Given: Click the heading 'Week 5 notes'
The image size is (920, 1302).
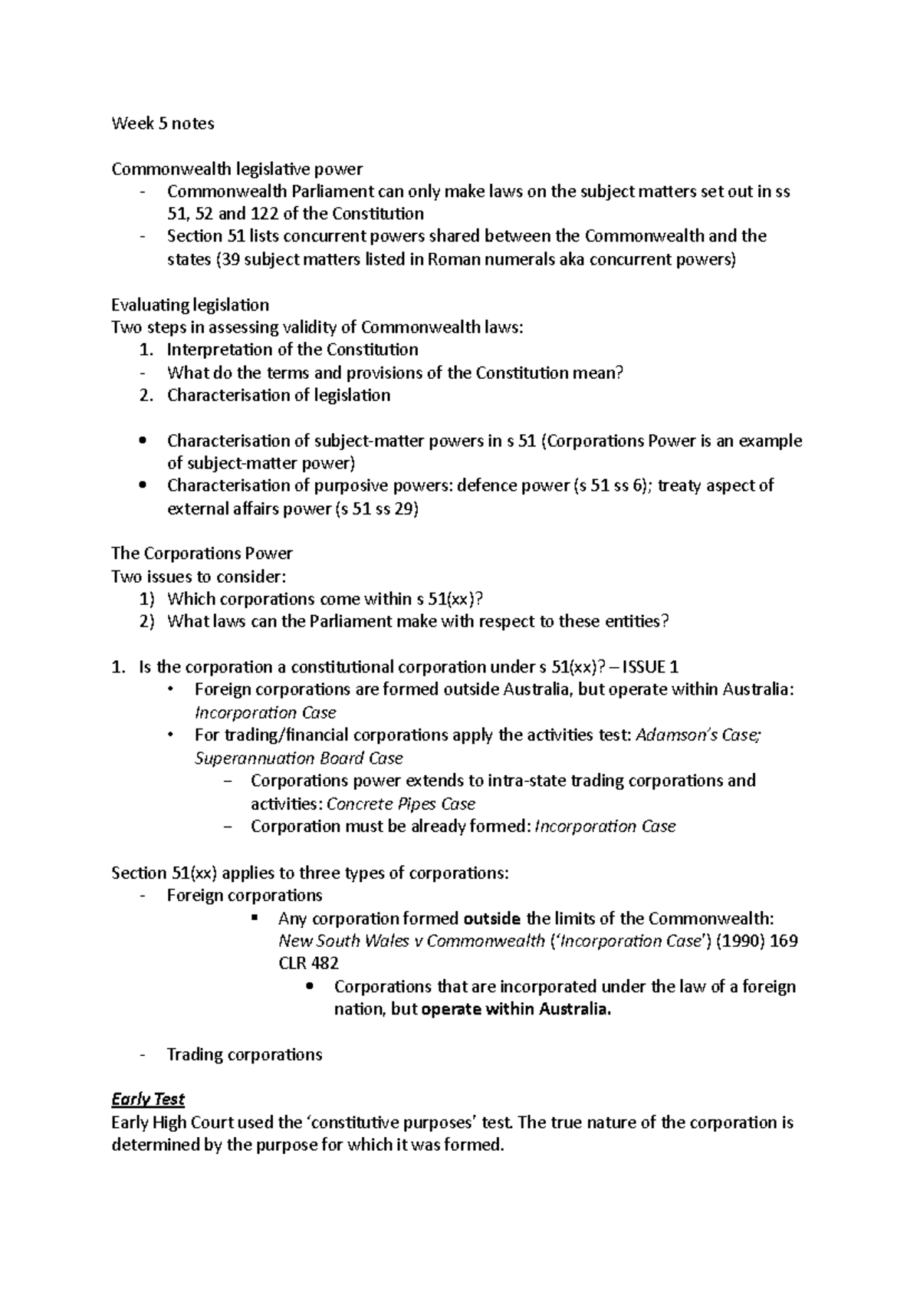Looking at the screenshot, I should pos(163,123).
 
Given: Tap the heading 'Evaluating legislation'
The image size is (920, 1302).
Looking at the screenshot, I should pos(190,305).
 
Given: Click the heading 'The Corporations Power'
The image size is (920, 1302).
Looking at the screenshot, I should pos(202,554).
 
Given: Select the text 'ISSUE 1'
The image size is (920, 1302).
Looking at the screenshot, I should pos(650,667).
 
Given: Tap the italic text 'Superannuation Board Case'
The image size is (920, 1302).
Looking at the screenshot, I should pos(298,758).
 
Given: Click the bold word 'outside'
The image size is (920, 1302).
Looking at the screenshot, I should pos(493,919).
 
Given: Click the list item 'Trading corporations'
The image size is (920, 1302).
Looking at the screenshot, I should pos(244,1055).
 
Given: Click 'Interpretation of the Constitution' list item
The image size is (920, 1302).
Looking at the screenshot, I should pos(292,350).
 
